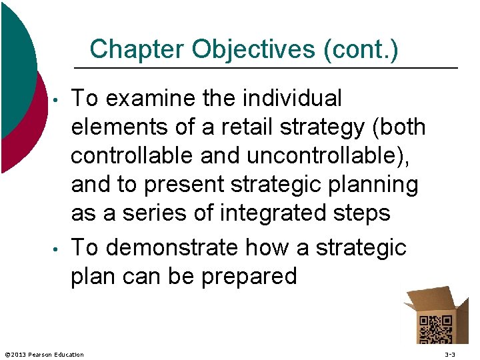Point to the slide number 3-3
450,354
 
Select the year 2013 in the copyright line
20,354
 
